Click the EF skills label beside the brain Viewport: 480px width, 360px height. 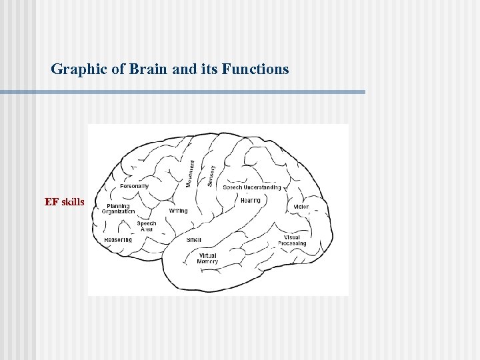[x=65, y=202]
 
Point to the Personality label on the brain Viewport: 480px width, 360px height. [x=134, y=185]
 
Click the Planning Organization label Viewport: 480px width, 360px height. [x=118, y=209]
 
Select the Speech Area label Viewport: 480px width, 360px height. [x=147, y=227]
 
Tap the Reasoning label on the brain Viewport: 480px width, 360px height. [x=118, y=240]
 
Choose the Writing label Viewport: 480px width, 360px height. [x=178, y=211]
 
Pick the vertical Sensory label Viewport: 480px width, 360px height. [x=211, y=175]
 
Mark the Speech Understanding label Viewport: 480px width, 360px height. [x=251, y=187]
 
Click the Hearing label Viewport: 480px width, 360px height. [x=251, y=200]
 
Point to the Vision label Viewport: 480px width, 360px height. [x=301, y=207]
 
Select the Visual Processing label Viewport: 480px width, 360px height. [x=292, y=241]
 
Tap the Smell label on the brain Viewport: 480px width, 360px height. [x=194, y=240]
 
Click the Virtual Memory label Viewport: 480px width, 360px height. [x=207, y=259]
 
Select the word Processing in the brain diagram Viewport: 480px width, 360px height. [x=292, y=244]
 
